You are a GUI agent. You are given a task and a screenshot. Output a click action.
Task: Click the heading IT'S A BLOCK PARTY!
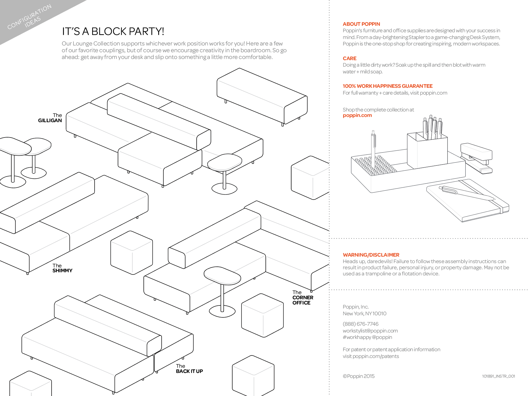click(x=113, y=31)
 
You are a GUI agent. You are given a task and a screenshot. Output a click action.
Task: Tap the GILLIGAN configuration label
click(x=50, y=118)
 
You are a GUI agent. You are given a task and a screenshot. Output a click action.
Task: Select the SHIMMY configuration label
click(x=62, y=268)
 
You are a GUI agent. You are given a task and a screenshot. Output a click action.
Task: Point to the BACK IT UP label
click(x=189, y=369)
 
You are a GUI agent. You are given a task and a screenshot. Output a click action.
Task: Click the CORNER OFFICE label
click(x=303, y=298)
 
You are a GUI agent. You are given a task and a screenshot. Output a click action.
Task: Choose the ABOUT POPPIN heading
click(x=361, y=24)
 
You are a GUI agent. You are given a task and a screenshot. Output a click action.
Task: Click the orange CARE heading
click(x=350, y=58)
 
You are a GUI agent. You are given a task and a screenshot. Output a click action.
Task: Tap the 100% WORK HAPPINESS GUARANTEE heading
click(x=387, y=86)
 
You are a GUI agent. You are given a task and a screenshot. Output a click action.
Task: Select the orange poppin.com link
click(x=357, y=115)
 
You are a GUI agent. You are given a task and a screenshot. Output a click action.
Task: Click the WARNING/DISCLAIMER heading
click(x=371, y=255)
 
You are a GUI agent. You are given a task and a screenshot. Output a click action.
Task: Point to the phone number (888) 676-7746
click(x=360, y=324)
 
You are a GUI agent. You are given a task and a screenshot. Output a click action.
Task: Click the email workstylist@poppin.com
click(x=370, y=331)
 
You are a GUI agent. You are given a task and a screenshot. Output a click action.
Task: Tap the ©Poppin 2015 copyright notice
click(x=359, y=376)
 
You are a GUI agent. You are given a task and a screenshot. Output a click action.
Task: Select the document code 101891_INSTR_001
click(x=498, y=376)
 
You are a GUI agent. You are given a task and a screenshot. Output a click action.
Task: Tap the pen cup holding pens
click(x=427, y=150)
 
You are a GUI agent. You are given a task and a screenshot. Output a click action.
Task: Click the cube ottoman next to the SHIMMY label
click(x=131, y=252)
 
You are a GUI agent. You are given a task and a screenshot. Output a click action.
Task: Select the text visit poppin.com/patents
click(x=371, y=356)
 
